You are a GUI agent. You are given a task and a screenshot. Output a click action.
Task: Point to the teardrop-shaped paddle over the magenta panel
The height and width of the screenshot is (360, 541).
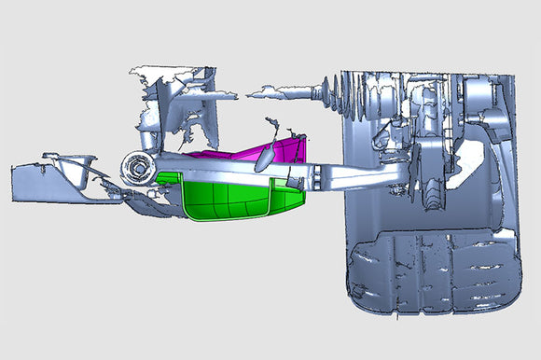tap(266, 157)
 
